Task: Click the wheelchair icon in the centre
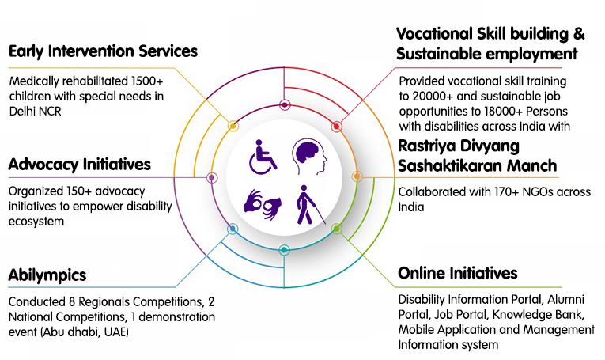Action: point(263,157)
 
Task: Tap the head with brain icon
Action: point(309,157)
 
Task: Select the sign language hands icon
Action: point(263,204)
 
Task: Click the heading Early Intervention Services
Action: point(103,51)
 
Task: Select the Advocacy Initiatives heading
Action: point(80,165)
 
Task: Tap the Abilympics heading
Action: point(47,275)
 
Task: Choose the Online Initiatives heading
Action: point(458,273)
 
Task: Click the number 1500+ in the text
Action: point(147,81)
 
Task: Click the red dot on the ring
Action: point(336,127)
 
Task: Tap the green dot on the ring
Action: point(336,229)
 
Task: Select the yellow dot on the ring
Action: point(233,126)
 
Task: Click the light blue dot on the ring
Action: point(233,229)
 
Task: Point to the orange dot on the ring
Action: point(357,176)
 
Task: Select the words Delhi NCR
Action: point(35,112)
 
